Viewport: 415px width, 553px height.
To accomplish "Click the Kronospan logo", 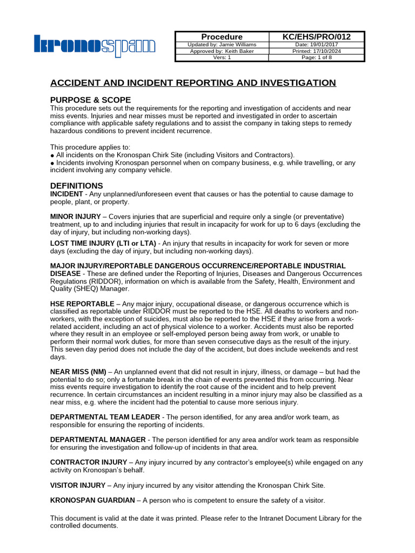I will pos(95,46).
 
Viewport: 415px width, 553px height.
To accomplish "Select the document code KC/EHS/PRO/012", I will pos(317,37).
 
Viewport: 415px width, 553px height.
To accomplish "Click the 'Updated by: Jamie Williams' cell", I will pos(222,44).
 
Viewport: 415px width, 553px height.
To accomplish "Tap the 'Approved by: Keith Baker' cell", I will pos(222,51).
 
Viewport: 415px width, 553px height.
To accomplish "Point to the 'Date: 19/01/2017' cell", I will pos(317,44).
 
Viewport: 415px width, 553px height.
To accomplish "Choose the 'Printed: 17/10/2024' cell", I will pos(317,51).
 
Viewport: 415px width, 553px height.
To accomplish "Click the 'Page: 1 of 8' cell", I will pos(317,58).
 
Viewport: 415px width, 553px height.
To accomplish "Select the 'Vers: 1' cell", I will pos(222,58).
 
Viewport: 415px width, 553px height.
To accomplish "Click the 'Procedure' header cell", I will pos(222,37).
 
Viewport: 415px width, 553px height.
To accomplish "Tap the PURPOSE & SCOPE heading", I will pos(90,100).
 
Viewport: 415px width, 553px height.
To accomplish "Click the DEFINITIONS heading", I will pos(76,186).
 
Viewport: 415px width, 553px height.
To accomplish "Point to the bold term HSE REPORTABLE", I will pos(82,304).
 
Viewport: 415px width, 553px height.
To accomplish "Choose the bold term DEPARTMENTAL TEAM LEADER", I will pos(105,417).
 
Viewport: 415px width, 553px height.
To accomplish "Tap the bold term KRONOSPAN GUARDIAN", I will pos(92,500).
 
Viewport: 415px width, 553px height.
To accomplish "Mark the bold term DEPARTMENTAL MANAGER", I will pos(98,440).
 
